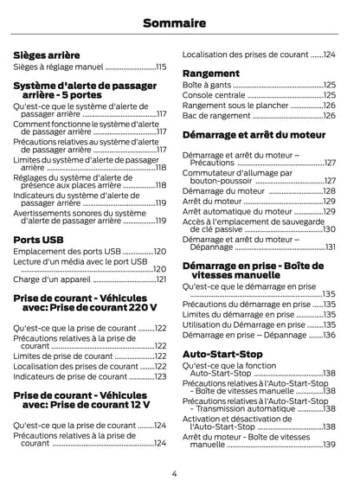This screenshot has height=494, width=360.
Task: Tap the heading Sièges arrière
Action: click(47, 54)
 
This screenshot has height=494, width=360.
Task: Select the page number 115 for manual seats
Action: click(161, 66)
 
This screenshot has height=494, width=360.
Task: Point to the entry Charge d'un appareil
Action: click(52, 279)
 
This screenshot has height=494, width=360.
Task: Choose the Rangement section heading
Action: click(210, 73)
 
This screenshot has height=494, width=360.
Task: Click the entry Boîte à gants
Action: click(208, 85)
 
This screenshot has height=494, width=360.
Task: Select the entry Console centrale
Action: click(215, 95)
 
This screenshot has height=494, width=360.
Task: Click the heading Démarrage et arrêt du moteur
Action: click(254, 135)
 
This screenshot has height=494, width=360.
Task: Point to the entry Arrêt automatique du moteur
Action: click(237, 210)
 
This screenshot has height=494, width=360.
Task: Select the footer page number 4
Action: click(174, 473)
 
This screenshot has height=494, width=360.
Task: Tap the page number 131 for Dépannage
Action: click(331, 247)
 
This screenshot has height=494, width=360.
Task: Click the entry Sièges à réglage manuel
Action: click(58, 66)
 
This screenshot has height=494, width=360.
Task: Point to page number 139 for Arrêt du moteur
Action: click(329, 445)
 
